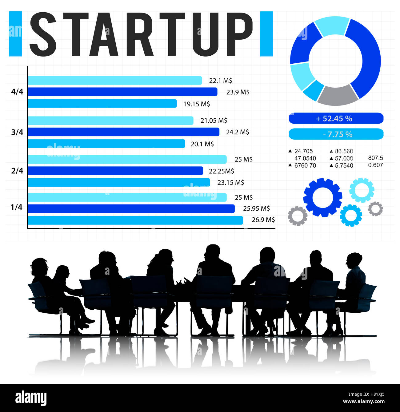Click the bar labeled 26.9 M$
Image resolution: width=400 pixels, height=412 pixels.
[x=135, y=220]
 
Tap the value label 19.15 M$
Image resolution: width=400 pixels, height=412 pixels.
[x=197, y=104]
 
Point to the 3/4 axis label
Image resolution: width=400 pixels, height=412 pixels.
[x=17, y=132]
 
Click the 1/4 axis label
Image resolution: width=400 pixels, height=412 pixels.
[x=17, y=207]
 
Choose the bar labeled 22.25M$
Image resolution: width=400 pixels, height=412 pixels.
[x=115, y=171]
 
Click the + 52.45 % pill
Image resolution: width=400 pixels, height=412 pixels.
[x=336, y=118]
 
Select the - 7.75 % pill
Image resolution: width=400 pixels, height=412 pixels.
[x=336, y=134]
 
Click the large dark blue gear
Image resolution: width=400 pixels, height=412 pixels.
[x=322, y=197]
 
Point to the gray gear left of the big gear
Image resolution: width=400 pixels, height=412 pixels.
[x=297, y=216]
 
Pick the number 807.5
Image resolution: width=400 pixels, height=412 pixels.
[x=375, y=158]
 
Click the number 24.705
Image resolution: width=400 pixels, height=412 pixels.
[x=303, y=151]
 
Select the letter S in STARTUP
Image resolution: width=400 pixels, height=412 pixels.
[x=43, y=34]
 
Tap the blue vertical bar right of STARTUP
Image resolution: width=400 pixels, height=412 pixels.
[x=266, y=34]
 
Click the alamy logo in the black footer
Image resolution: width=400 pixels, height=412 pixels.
[x=31, y=398]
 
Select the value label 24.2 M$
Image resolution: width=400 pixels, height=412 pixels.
[x=238, y=132]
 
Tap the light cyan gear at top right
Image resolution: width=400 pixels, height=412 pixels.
[x=362, y=190]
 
